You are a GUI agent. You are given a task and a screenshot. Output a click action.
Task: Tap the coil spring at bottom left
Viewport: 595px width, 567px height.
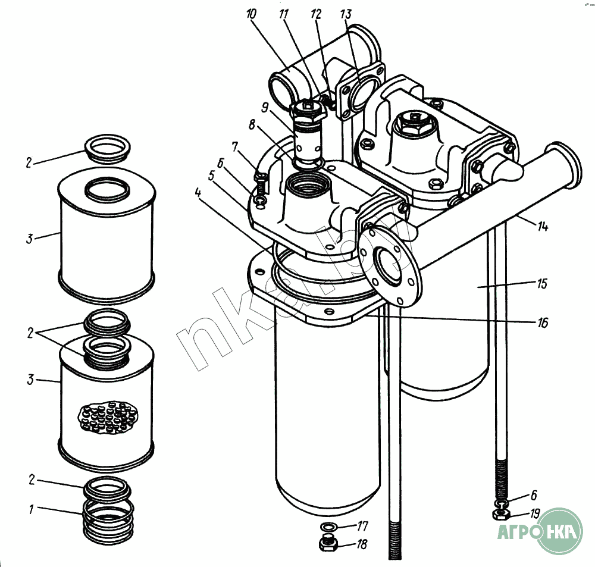pos(109,519)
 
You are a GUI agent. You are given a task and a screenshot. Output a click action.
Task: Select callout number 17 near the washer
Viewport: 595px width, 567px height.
pos(363,526)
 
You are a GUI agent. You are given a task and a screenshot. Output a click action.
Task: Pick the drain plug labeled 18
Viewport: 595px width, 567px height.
pos(328,543)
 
